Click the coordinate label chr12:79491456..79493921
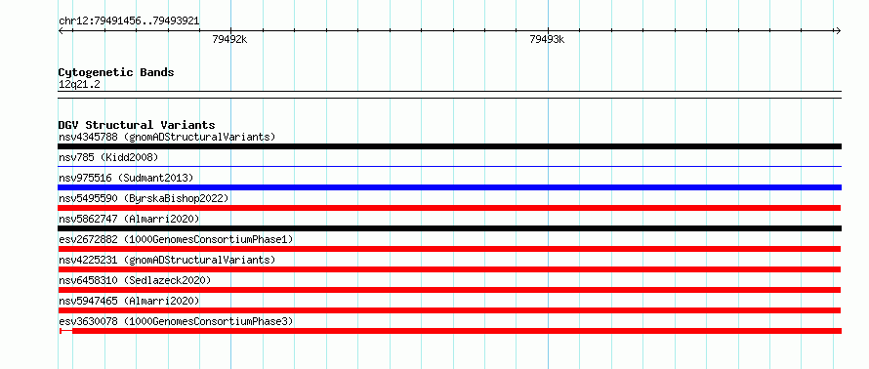129,21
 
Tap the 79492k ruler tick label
230,39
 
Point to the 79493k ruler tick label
547,39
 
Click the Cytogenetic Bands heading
116,72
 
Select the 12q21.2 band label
79,85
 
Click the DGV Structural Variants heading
137,125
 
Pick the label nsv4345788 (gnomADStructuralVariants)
167,137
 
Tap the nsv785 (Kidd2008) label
108,157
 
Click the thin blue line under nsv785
449,166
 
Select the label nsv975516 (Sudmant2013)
126,178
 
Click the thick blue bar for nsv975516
449,187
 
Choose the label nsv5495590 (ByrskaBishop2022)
144,198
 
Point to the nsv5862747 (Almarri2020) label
129,219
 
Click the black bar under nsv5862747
449,228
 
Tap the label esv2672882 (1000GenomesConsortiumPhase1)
176,239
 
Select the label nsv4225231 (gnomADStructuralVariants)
167,260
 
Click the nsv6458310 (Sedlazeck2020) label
135,280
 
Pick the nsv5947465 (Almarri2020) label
129,301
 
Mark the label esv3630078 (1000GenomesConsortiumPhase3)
176,321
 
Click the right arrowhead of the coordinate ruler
839,30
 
